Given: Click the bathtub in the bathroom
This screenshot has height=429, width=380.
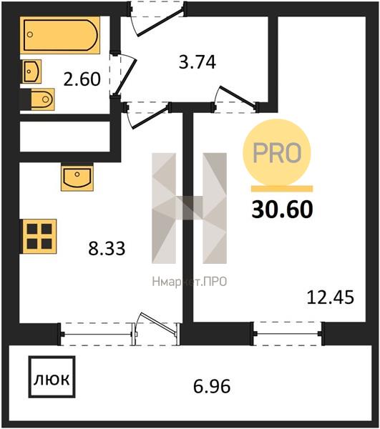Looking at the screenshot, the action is coord(60,35).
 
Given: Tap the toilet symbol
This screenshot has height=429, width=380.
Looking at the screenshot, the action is coord(42,99).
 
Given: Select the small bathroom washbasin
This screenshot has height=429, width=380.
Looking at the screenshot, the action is coord(31,71).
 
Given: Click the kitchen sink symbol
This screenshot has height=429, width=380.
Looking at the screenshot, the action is coord(77,177).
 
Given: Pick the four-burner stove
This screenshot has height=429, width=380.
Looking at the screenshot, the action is coord(39,237).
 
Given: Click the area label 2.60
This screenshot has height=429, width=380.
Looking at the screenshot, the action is coord(82,79).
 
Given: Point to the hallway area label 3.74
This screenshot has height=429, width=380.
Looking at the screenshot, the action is coord(197,61).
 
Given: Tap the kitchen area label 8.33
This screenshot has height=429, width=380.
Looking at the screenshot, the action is coord(107,248).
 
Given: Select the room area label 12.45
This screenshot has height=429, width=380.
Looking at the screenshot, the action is coord(330,297).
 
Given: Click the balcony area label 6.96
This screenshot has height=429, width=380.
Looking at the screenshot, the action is coord(212,386).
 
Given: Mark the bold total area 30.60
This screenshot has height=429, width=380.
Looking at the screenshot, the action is coord(282,209).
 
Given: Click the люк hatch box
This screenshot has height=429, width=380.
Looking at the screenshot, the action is coord(52,377).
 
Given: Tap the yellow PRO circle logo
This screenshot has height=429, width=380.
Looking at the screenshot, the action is coord(277,152).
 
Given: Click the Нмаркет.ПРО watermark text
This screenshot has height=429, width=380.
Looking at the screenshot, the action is coord(190,282).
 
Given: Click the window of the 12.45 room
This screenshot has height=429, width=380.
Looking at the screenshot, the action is coord(288,333).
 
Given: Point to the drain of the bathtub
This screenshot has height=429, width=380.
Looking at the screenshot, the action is coord(30,34).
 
